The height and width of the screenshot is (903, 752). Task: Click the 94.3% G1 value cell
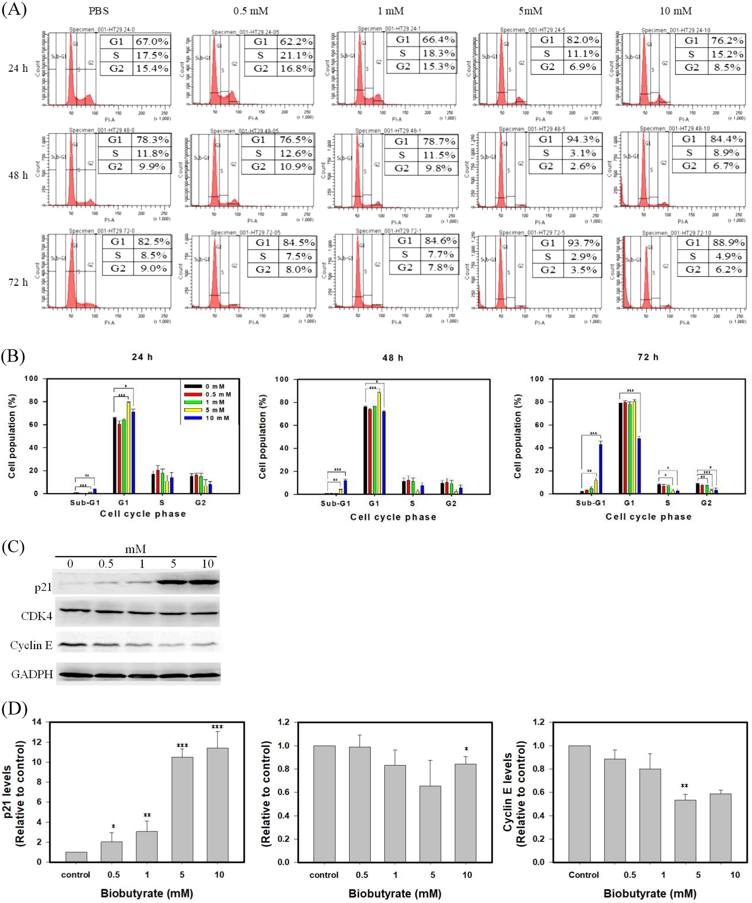point(583,139)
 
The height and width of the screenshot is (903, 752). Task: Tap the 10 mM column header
point(676,11)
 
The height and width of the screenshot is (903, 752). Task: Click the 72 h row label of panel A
point(18,282)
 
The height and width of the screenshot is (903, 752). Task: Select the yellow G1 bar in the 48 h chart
point(379,443)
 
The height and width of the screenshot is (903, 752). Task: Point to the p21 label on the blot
point(43,587)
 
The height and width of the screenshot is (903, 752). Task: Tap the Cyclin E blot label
point(31,645)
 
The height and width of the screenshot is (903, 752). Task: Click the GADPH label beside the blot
point(32,674)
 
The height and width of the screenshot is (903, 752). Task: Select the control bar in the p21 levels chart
point(76,856)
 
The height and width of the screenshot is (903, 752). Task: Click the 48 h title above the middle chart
point(393,358)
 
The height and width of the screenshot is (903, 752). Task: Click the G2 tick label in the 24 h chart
point(200,502)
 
